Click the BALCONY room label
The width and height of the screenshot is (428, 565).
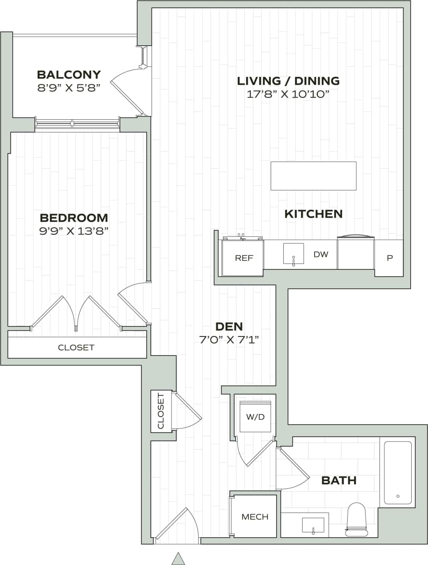pyautogui.click(x=69, y=74)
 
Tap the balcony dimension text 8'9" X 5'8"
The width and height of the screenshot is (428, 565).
pyautogui.click(x=69, y=88)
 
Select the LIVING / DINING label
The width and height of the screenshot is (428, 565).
pyautogui.click(x=288, y=81)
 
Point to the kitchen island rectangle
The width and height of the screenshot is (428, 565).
pyautogui.click(x=313, y=176)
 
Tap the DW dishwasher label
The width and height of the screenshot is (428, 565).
pyautogui.click(x=321, y=254)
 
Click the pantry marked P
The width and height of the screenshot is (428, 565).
pyautogui.click(x=389, y=258)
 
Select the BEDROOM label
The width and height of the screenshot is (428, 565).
pyautogui.click(x=74, y=218)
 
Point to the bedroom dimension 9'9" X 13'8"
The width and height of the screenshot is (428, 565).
pyautogui.click(x=74, y=231)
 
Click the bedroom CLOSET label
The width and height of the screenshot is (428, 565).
pyautogui.click(x=76, y=348)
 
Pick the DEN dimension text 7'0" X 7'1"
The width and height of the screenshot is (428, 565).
pyautogui.click(x=229, y=339)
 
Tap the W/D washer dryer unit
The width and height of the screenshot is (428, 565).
pyautogui.click(x=255, y=417)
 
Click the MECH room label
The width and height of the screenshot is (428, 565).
pyautogui.click(x=255, y=516)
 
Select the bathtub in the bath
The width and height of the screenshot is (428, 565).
pyautogui.click(x=398, y=472)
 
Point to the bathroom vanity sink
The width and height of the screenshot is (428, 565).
pyautogui.click(x=313, y=525)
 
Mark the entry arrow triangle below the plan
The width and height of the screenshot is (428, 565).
pyautogui.click(x=178, y=558)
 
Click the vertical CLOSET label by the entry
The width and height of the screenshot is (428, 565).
pyautogui.click(x=161, y=411)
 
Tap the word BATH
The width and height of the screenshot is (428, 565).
pyautogui.click(x=339, y=480)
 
